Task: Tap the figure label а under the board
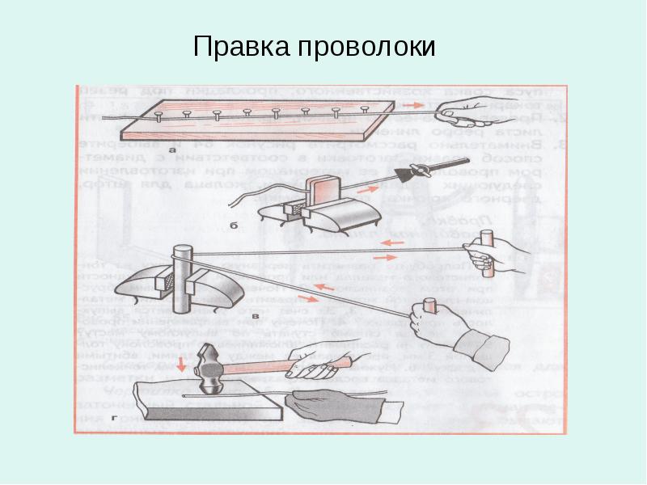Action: tap(172, 150)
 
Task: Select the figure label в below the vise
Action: tap(256, 318)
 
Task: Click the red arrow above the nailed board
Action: tap(413, 105)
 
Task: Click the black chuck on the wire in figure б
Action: tap(418, 170)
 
